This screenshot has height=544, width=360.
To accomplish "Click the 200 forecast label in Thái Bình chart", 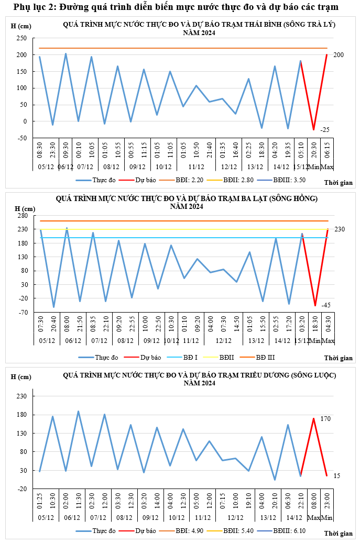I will pos(338,55).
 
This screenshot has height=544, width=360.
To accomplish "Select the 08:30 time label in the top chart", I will pos(40,152).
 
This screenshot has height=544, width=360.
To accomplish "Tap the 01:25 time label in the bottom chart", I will pos(40,498).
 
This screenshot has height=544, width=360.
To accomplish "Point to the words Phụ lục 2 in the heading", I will pos(32,7).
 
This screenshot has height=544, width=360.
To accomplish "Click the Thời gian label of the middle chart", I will pos(338,358).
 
